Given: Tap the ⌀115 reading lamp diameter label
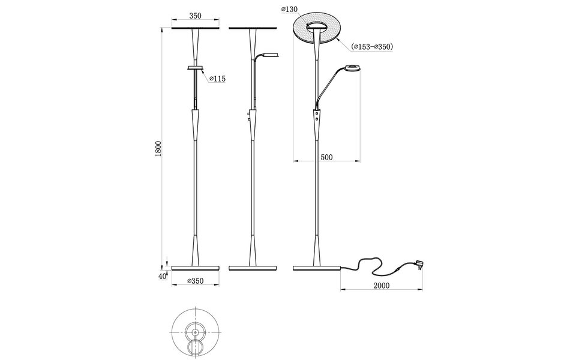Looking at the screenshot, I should [x=217, y=79].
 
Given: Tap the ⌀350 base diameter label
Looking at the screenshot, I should [x=196, y=281].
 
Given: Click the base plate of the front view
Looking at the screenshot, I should [x=196, y=267].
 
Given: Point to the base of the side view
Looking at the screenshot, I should [x=253, y=267].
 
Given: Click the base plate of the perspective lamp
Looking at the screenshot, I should [x=316, y=267].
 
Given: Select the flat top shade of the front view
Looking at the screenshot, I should [x=196, y=28].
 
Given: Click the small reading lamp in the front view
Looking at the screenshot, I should [x=196, y=68].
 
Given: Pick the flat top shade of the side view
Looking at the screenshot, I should [x=253, y=28].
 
